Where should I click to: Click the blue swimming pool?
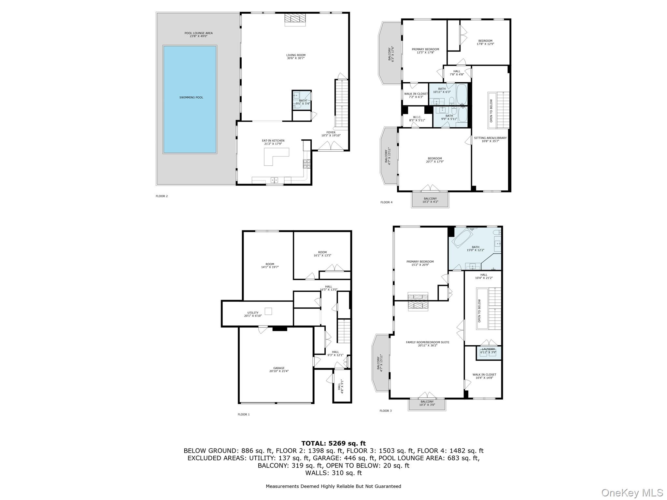click(x=190, y=99)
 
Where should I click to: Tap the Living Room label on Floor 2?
click(x=296, y=57)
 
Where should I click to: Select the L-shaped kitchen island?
click(x=276, y=156)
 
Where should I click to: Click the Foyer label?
click(x=331, y=134)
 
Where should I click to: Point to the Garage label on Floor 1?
click(x=279, y=369)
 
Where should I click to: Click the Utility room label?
click(x=253, y=314)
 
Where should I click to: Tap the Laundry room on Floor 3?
click(x=488, y=352)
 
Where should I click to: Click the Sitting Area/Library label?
click(x=490, y=139)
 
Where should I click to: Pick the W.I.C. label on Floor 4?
click(x=417, y=118)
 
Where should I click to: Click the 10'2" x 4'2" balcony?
click(x=430, y=200)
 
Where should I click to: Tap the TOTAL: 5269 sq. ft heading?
click(x=333, y=443)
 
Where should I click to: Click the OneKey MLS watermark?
click(x=632, y=493)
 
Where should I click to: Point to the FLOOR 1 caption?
click(x=244, y=414)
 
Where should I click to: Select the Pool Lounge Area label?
click(x=198, y=35)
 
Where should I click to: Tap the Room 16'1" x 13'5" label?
click(x=322, y=254)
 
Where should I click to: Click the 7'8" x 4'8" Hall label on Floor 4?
click(x=457, y=73)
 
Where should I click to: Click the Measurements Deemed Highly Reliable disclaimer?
click(x=333, y=486)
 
